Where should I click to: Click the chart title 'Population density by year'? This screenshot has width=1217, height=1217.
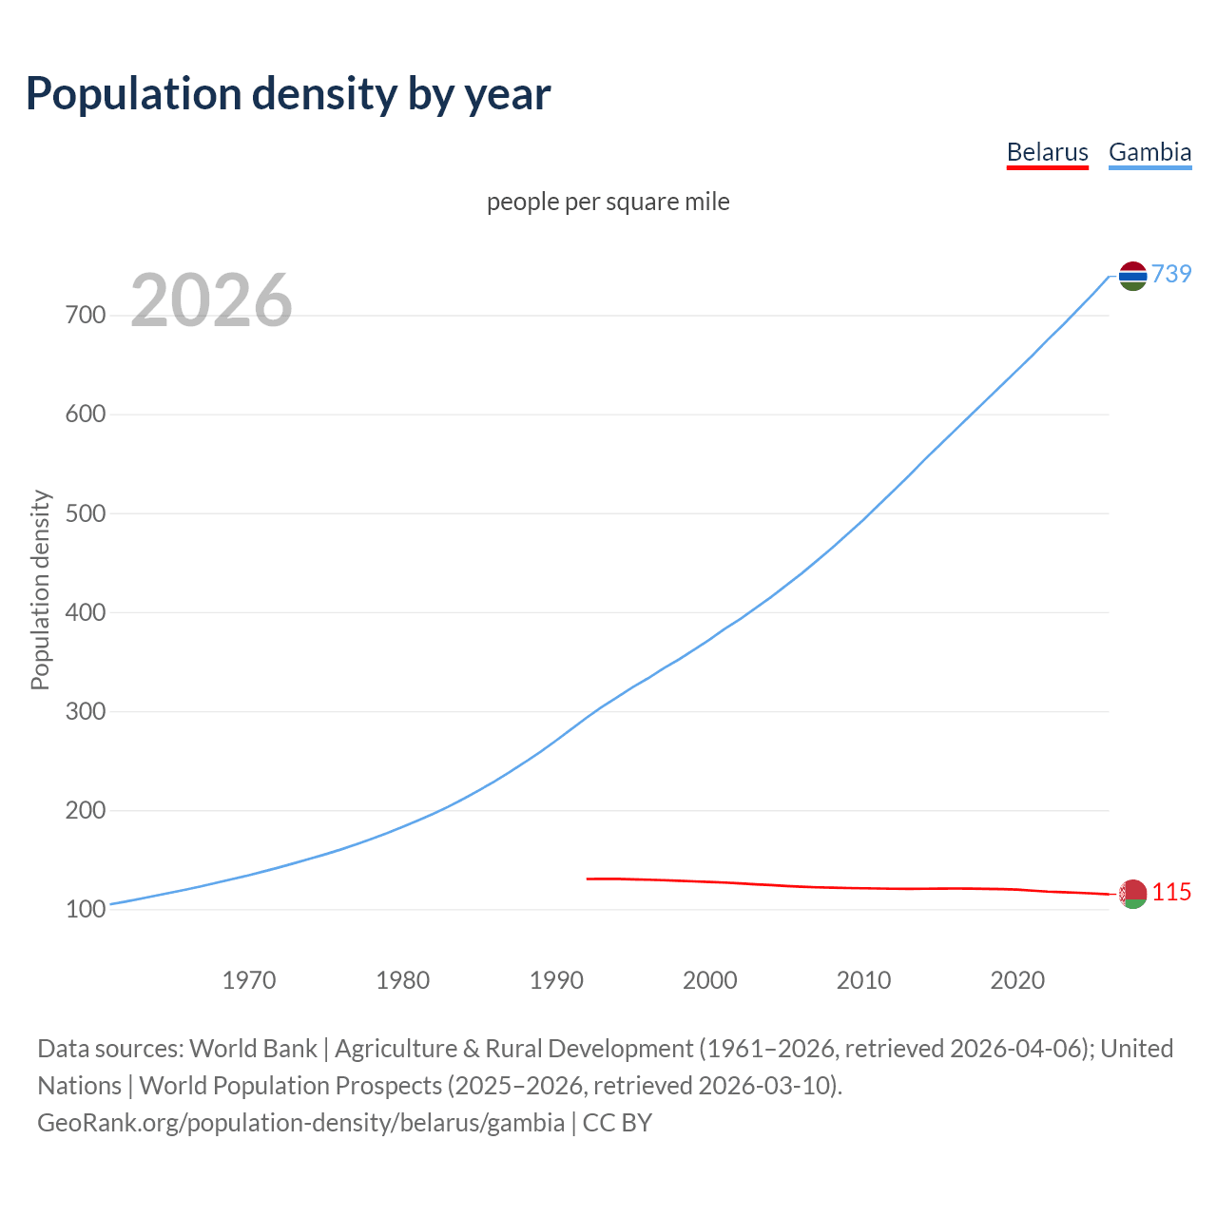288,94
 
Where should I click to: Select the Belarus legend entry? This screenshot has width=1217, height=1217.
1047,152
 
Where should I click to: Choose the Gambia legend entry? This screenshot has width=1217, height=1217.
1149,152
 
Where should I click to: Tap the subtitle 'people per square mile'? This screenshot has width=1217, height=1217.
608,203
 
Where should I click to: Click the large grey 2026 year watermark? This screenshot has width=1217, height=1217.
211,300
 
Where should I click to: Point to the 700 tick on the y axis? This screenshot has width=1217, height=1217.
86,316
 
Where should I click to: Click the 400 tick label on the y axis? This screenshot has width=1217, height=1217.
86,613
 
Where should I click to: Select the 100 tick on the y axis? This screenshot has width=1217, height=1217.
86,910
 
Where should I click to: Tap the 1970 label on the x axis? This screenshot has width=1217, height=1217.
249,980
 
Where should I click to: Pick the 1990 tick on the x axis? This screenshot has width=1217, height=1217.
556,980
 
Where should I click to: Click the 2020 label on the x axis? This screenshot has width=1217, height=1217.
1017,980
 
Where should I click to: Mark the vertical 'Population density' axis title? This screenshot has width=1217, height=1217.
40,589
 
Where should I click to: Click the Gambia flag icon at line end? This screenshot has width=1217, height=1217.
1132,276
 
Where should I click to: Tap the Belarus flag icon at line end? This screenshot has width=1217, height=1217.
1132,894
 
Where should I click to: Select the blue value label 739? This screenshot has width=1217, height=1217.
1171,275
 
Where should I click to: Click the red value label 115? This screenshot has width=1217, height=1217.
1171,893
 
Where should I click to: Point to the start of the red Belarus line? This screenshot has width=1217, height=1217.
588,879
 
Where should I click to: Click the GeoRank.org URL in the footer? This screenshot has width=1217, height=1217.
300,1123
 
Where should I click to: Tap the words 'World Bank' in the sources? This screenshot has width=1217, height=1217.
253,1049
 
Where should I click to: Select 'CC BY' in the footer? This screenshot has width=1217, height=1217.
617,1123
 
